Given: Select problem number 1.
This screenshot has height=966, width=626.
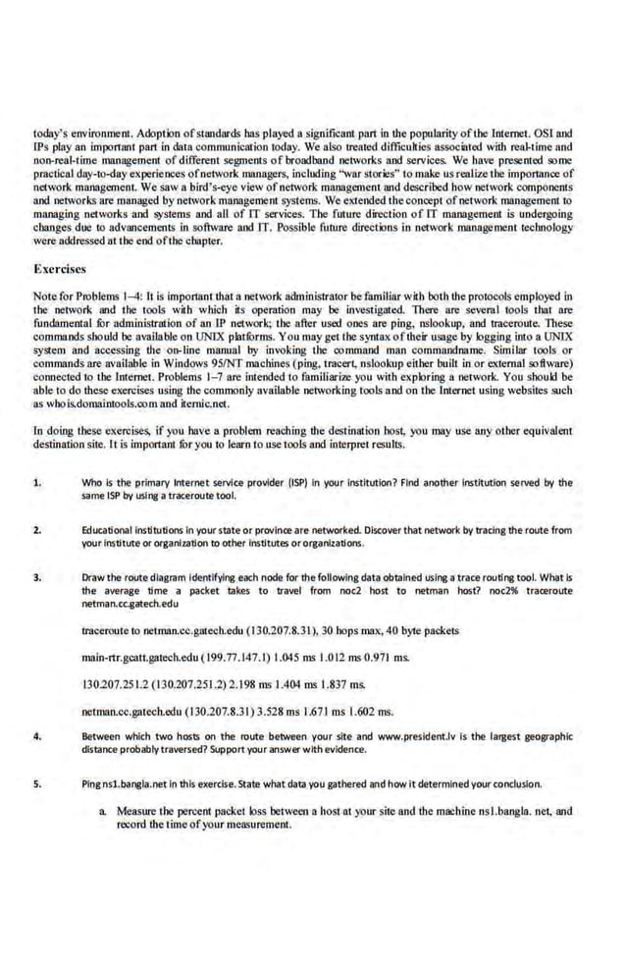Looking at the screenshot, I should tap(36, 483).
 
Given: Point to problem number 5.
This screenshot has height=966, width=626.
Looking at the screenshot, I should tap(36, 783).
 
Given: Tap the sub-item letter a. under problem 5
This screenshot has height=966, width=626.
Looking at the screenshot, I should tap(103, 812).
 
